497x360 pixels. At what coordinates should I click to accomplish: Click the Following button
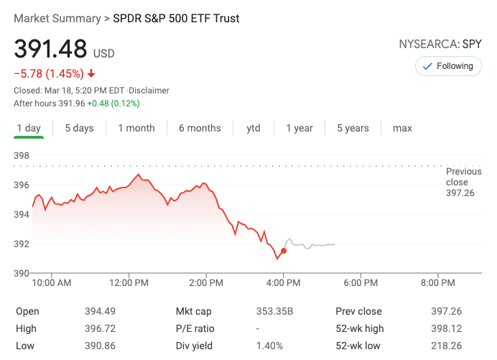448,66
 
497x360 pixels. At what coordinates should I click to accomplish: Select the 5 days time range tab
79,128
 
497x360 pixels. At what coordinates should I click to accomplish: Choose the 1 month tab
136,128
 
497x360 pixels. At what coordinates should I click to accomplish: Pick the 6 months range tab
200,128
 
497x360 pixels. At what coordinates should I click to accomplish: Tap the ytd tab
253,128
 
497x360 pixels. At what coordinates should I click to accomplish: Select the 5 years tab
353,128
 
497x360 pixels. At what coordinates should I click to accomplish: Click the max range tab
402,128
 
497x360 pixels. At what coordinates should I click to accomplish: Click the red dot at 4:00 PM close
284,251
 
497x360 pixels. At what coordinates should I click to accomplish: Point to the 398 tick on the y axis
22,156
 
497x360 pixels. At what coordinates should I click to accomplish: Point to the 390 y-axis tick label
22,273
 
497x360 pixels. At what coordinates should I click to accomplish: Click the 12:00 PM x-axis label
130,283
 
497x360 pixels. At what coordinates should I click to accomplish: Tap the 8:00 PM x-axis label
438,283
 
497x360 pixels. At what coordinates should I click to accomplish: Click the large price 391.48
50,50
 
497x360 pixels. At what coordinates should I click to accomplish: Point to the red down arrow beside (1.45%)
91,73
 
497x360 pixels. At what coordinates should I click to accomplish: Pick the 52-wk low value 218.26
446,346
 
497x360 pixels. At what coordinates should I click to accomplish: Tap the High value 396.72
100,328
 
